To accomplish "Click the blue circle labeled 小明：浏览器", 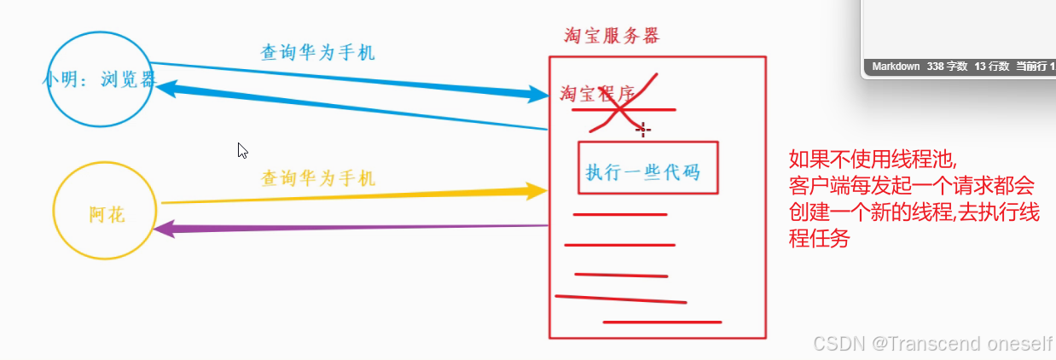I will (x=100, y=78).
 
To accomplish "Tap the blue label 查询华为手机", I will (x=317, y=52).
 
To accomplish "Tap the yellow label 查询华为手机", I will (x=317, y=178).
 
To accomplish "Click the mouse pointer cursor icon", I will (x=242, y=150).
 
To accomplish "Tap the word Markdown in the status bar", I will (x=895, y=66).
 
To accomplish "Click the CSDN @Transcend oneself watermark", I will (x=932, y=343).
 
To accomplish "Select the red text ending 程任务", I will (x=820, y=240).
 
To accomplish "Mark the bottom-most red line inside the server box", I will (x=662, y=322).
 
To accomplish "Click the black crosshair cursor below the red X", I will (x=644, y=130).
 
